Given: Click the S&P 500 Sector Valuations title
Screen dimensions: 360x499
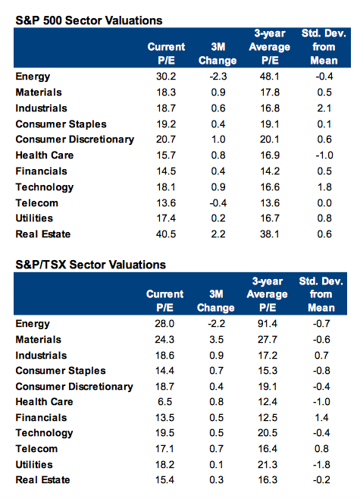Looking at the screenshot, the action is (x=89, y=20).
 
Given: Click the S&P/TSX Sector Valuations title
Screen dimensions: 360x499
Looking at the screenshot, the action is (x=91, y=265).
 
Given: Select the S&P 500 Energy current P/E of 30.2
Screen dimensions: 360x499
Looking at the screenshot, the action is (x=166, y=77).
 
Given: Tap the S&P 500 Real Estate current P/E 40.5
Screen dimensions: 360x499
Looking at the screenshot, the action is (x=166, y=234).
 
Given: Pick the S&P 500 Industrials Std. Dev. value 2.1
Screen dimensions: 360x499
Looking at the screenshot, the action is (x=324, y=108).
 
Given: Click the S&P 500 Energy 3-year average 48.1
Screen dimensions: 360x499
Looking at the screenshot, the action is (x=270, y=77).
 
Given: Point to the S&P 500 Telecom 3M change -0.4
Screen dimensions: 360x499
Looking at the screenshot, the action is (x=218, y=203).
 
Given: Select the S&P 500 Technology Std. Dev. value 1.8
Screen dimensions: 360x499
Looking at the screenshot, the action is (x=324, y=187).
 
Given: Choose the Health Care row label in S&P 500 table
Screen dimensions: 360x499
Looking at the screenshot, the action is (x=45, y=155).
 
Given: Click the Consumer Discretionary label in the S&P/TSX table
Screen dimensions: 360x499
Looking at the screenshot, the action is (x=74, y=386).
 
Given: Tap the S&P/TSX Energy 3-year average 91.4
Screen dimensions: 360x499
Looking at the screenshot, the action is (x=268, y=324).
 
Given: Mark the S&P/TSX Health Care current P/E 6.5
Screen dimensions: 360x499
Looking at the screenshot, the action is (x=164, y=402).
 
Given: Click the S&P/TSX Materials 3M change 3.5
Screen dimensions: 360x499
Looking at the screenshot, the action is (x=216, y=340).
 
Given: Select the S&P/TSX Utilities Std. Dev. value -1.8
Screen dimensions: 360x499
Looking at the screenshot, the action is (x=321, y=465).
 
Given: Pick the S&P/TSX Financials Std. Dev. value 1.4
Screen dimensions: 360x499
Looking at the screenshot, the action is (x=321, y=418).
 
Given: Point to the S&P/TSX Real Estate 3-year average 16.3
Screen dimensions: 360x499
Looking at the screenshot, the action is (x=268, y=480).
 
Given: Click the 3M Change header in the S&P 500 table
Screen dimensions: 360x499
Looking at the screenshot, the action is (x=218, y=54).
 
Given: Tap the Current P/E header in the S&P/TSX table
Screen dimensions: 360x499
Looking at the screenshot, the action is (x=164, y=301).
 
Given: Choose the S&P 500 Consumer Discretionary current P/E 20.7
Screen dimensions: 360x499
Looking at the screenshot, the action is (x=166, y=140).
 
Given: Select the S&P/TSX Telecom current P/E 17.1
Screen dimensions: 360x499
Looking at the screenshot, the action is (x=164, y=449).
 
